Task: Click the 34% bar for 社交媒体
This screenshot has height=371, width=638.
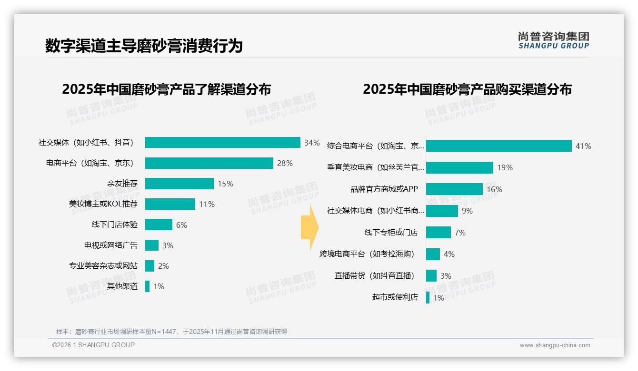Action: tap(222, 143)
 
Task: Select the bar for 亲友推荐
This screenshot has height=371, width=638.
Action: tap(179, 184)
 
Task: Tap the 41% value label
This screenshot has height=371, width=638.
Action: tap(583, 146)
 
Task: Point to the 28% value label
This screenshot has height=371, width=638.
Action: tap(285, 163)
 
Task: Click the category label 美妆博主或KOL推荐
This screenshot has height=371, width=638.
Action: tap(103, 204)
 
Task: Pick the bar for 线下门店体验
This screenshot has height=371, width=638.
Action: tap(159, 225)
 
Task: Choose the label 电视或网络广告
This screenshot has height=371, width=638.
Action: tap(111, 245)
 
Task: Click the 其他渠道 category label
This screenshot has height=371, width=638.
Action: tap(122, 286)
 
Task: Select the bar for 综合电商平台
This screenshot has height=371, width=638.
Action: tap(498, 146)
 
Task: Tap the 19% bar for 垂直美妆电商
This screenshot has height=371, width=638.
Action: tap(459, 167)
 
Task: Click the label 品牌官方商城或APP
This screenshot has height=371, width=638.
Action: tap(384, 189)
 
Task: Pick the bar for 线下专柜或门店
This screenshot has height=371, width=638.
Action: tap(438, 233)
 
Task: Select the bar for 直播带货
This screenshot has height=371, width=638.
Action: tap(431, 276)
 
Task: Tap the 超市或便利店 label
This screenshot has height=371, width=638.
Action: tap(395, 297)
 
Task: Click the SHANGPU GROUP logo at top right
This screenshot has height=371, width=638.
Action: tap(553, 40)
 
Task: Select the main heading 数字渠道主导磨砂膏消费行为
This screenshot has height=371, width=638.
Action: tap(144, 46)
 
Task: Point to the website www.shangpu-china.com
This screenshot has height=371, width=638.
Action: tap(555, 345)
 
